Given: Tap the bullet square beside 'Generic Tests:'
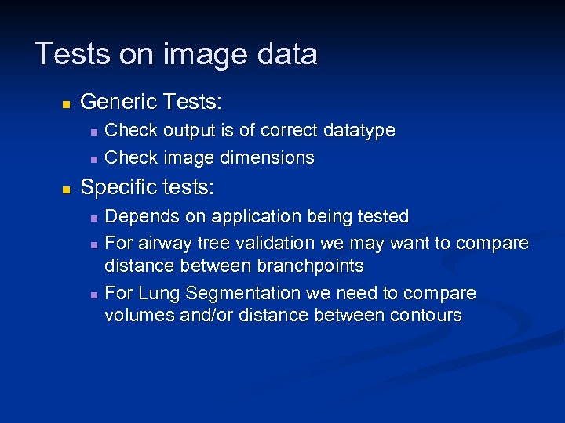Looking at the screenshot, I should tap(67, 103).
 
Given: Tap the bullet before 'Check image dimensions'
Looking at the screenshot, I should tap(93, 159).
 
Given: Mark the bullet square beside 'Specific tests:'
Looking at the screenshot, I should tap(67, 189).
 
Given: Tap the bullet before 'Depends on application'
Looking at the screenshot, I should tap(93, 217).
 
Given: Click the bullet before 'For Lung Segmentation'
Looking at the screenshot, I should tap(93, 295).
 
